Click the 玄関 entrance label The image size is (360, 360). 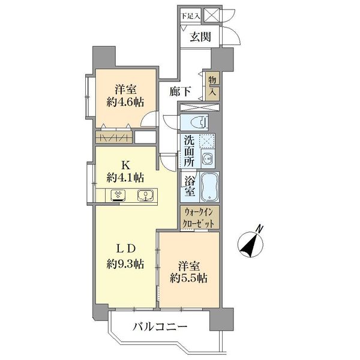[200, 37]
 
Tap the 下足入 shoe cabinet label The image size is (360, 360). [191, 16]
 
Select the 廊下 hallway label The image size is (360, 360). [181, 92]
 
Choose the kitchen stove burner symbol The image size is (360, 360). [118, 196]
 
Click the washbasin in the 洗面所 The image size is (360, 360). [208, 158]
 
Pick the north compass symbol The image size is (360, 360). [250, 245]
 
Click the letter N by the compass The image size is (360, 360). [260, 229]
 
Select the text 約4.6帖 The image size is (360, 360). [125, 102]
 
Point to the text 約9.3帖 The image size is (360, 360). [125, 264]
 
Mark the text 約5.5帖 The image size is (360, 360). [189, 278]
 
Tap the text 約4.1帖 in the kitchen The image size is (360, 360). [125, 178]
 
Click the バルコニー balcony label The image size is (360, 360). [160, 327]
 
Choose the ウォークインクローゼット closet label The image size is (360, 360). [199, 217]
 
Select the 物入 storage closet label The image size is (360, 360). [212, 86]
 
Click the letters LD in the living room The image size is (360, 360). [125, 249]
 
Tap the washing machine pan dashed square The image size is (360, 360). [206, 140]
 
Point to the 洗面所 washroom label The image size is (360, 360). [189, 151]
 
